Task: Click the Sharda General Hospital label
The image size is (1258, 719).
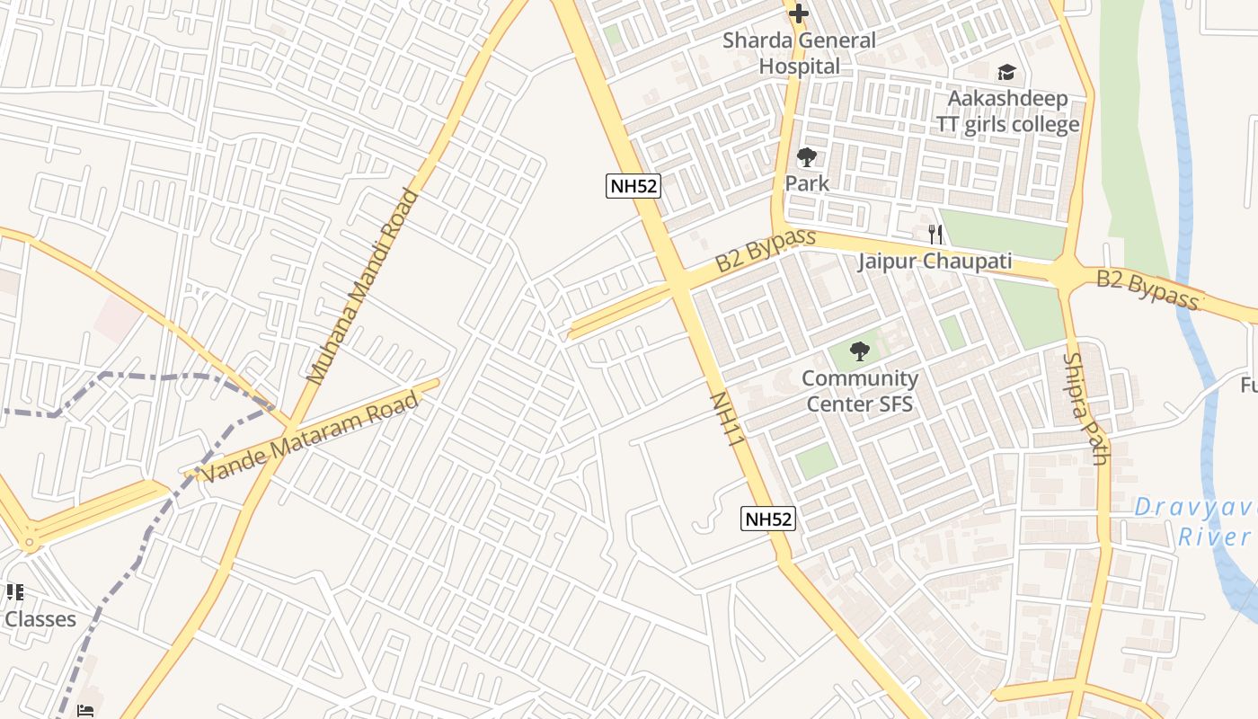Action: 799,53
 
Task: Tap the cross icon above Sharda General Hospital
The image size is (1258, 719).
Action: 798,13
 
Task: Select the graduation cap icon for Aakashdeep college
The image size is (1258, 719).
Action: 1006,72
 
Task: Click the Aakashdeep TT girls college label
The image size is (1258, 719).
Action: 1007,111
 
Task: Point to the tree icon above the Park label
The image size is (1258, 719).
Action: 807,158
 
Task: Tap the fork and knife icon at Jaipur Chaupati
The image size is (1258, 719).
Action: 935,235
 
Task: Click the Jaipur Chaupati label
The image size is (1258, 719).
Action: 935,262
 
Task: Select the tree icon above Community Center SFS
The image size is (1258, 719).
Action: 860,351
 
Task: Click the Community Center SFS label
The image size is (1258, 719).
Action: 860,391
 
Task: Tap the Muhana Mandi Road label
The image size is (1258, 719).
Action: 363,287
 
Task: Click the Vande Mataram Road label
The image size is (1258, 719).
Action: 309,437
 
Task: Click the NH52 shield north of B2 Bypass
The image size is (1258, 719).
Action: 633,186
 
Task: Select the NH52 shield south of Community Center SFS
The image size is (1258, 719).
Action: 768,519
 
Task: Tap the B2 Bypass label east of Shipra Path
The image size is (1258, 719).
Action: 1147,289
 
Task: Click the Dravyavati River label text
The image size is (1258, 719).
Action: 1195,522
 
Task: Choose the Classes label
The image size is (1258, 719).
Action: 40,619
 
